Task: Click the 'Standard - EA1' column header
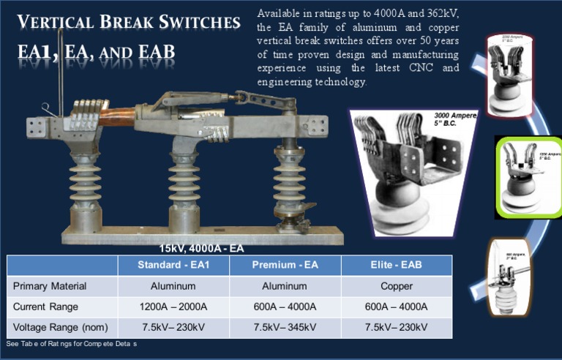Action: click(x=173, y=265)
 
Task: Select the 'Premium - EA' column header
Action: click(x=285, y=265)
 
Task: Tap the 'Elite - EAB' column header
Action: click(x=396, y=265)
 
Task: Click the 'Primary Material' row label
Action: click(x=50, y=286)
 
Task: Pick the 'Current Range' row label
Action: click(x=45, y=307)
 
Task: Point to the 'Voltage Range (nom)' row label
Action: click(x=60, y=327)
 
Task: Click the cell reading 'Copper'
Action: click(x=396, y=286)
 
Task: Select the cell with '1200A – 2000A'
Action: click(x=173, y=307)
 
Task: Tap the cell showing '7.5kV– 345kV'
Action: click(x=285, y=327)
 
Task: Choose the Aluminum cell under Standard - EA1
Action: click(x=173, y=286)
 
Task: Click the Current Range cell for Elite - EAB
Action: click(x=396, y=307)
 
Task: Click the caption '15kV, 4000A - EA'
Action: click(x=201, y=248)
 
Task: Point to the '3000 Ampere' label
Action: click(x=454, y=116)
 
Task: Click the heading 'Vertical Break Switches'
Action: click(x=128, y=22)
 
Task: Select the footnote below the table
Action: click(x=71, y=344)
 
